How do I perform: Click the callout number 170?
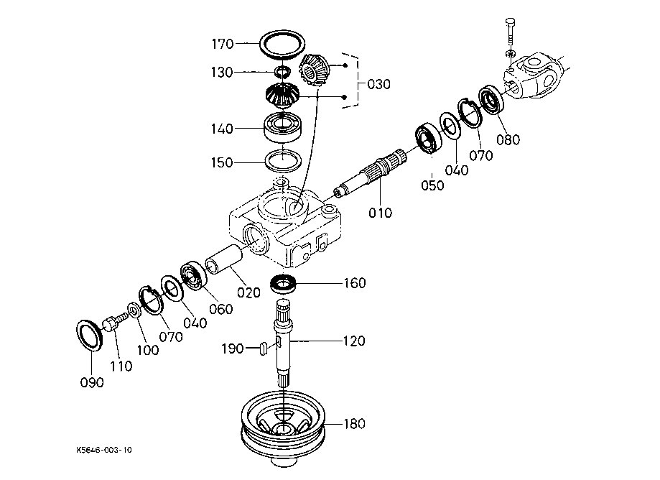[222, 45]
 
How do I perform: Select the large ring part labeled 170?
[282, 45]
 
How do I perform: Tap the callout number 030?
[378, 84]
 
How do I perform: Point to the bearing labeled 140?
[286, 128]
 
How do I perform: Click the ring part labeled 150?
[284, 160]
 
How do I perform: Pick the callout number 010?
[381, 213]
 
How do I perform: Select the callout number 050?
[432, 185]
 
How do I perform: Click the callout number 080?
[508, 139]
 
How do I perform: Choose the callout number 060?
[221, 309]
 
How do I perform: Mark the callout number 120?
[353, 340]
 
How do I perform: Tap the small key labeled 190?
[263, 349]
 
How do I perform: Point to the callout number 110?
[121, 366]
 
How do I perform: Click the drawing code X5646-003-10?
[104, 451]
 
